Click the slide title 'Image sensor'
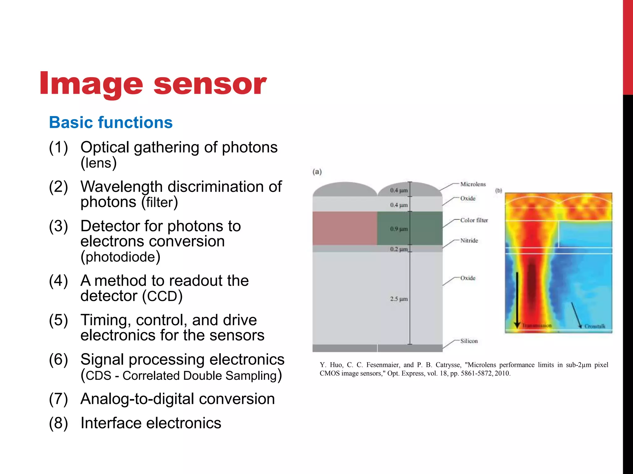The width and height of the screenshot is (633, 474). coord(153,83)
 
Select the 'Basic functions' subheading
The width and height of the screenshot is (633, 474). coord(111,123)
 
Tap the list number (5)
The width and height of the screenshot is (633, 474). coord(58,320)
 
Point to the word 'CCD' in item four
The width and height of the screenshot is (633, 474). coord(162,296)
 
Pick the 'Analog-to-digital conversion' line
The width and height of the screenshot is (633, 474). coord(177,399)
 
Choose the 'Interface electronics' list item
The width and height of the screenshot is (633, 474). coord(151,423)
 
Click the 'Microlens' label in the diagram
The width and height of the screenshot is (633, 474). coord(473,184)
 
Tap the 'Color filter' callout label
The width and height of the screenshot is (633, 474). coord(474,220)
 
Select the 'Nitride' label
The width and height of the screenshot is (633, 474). coord(469,241)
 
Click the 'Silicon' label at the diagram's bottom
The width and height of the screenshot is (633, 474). coord(469,341)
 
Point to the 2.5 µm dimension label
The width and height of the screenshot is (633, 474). coord(399,299)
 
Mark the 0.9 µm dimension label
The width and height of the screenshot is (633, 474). coord(399,229)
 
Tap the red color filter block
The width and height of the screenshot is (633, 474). coord(345,228)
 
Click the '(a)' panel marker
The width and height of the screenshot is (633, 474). coord(317,172)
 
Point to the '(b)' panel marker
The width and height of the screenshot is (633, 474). coord(499,191)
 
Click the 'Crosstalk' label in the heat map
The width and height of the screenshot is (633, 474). coord(595,326)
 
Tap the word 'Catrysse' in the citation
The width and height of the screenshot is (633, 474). coord(448,365)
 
